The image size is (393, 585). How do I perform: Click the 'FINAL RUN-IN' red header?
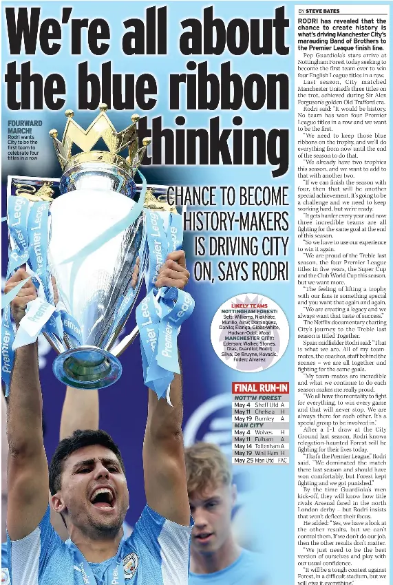[260, 387]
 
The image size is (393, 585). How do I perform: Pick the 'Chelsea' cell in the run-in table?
[265, 412]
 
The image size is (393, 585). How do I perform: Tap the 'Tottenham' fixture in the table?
[267, 446]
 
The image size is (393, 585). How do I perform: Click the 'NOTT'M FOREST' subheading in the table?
[257, 398]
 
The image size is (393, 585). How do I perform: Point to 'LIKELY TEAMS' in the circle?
[249, 306]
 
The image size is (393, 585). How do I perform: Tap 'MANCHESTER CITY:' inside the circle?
[249, 339]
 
